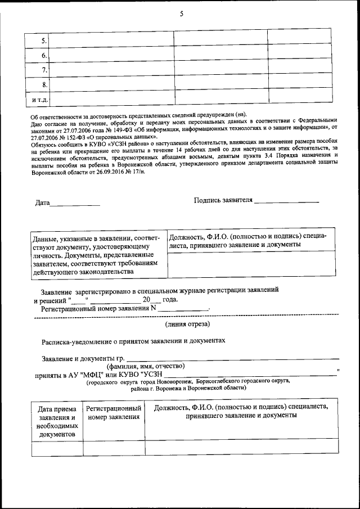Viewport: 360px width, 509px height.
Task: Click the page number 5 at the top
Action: (181, 14)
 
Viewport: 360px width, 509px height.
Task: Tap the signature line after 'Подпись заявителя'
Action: (286, 201)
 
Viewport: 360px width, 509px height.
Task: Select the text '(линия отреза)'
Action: (187, 325)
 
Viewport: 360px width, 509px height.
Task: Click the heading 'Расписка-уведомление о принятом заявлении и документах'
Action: (133, 341)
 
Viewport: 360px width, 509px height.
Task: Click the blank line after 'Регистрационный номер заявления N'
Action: (183, 309)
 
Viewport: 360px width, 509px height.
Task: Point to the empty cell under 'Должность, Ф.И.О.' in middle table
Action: (251, 265)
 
